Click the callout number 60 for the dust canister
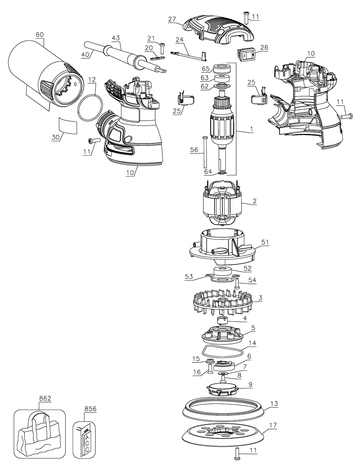(40, 35)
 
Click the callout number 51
(265, 242)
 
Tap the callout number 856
(90, 409)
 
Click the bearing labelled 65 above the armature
(220, 68)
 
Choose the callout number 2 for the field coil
(255, 201)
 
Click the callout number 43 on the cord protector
(116, 38)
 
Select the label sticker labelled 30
(68, 125)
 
